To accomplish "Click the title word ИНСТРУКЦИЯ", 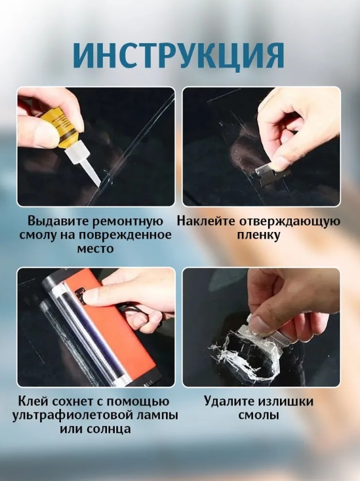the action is point(179,56).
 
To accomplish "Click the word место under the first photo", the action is point(95,248).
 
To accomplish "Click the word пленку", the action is point(259,235).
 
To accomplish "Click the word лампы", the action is point(153,416).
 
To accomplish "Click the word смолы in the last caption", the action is point(259,415).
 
